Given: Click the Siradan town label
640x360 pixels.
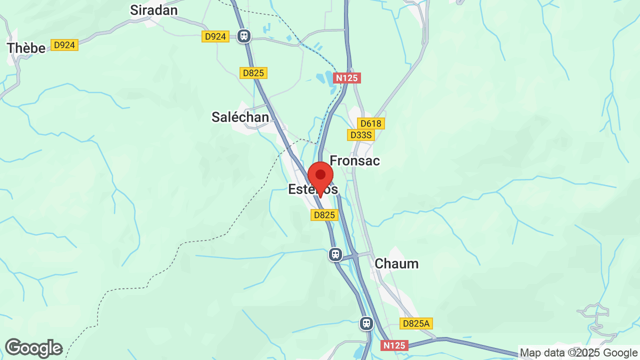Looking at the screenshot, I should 153,10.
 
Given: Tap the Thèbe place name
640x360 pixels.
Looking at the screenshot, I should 26,48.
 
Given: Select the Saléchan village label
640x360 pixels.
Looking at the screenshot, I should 240,117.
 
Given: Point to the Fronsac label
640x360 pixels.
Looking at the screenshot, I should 354,160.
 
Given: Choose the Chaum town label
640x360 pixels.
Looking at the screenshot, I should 396,263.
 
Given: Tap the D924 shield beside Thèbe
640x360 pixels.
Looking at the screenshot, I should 64,45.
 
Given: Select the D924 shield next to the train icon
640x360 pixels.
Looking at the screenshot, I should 216,36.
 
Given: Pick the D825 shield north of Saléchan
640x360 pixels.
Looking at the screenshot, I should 253,73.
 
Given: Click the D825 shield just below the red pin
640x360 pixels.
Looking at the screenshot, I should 324,215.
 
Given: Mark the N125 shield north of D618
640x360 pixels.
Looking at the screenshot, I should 347,78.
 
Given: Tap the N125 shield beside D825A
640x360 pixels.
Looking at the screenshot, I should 394,345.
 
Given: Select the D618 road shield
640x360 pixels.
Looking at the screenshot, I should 370,123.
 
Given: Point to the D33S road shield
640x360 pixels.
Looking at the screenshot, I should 360,135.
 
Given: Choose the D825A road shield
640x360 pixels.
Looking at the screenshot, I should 416,323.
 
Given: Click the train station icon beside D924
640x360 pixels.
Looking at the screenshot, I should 244,36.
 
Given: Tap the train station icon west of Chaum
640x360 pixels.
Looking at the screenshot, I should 335,254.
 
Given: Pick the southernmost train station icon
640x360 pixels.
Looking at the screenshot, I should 366,323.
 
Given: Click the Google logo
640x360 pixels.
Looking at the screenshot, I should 33,348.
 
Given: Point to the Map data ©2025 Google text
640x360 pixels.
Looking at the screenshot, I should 579,353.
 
